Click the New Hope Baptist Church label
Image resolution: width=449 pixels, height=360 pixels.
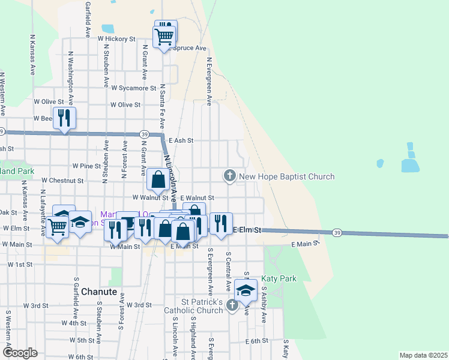[x=286, y=176]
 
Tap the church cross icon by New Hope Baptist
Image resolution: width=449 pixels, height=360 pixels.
[x=229, y=176]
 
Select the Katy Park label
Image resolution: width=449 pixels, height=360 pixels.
[x=279, y=279]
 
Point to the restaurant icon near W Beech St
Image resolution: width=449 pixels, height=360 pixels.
[x=64, y=118]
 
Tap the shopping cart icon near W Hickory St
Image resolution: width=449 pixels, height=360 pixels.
[x=164, y=37]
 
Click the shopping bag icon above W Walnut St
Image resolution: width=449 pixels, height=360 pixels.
[x=158, y=179]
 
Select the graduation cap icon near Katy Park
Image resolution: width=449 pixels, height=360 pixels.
[x=245, y=290]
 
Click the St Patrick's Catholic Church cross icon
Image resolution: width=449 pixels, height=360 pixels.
[x=232, y=306]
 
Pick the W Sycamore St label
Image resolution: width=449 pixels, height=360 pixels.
[x=134, y=88]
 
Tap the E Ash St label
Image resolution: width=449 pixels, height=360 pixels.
[x=181, y=140]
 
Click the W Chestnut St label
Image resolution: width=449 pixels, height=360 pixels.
[x=62, y=180]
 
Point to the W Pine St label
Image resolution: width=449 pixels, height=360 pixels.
[x=86, y=165]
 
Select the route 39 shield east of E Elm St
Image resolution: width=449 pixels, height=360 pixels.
[x=337, y=232]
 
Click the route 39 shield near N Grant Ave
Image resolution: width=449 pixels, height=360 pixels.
[x=145, y=134]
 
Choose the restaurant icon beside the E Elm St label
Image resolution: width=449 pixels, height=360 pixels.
[x=221, y=224]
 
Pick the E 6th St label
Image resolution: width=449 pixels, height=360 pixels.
[x=256, y=341]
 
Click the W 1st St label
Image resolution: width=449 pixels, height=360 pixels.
[x=20, y=264]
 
